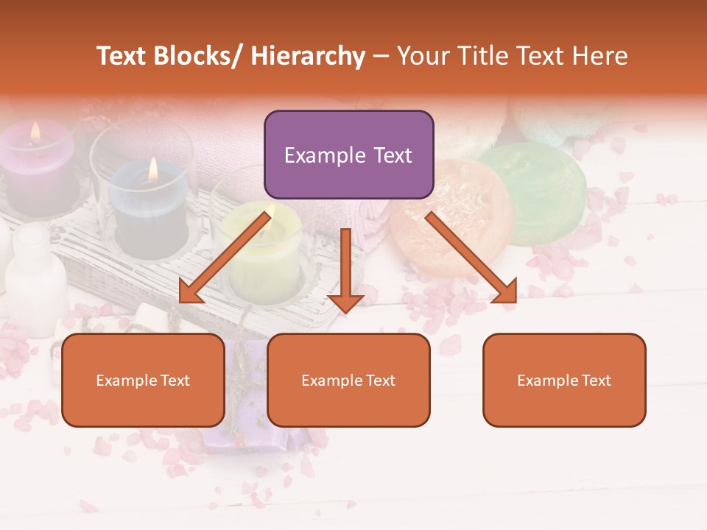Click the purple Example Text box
point(348,155)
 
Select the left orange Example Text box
point(143,381)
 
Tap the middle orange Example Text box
point(348,381)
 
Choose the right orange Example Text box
point(564,381)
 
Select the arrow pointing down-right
point(471,258)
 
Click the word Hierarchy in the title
point(308,56)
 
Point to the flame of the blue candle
point(152,169)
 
